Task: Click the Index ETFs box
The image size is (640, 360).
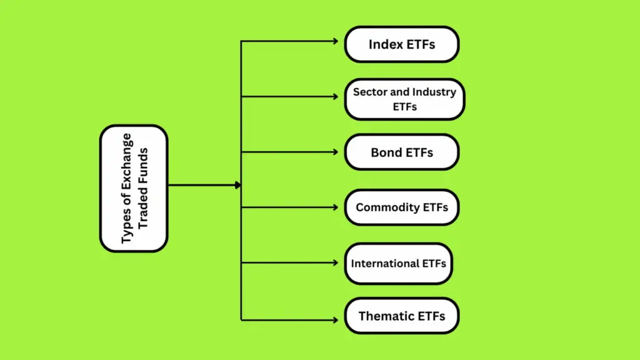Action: tap(401, 44)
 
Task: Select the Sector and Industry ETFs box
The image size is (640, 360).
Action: tap(404, 99)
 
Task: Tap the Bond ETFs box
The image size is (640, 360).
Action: tap(401, 152)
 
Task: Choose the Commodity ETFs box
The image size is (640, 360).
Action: tap(401, 207)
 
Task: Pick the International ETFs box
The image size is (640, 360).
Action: tap(398, 263)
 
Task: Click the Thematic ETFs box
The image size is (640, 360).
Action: tap(401, 316)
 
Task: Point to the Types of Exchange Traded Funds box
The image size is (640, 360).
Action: tap(134, 188)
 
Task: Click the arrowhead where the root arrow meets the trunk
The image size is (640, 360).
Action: tap(237, 185)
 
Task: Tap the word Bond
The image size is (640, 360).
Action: tap(386, 152)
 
